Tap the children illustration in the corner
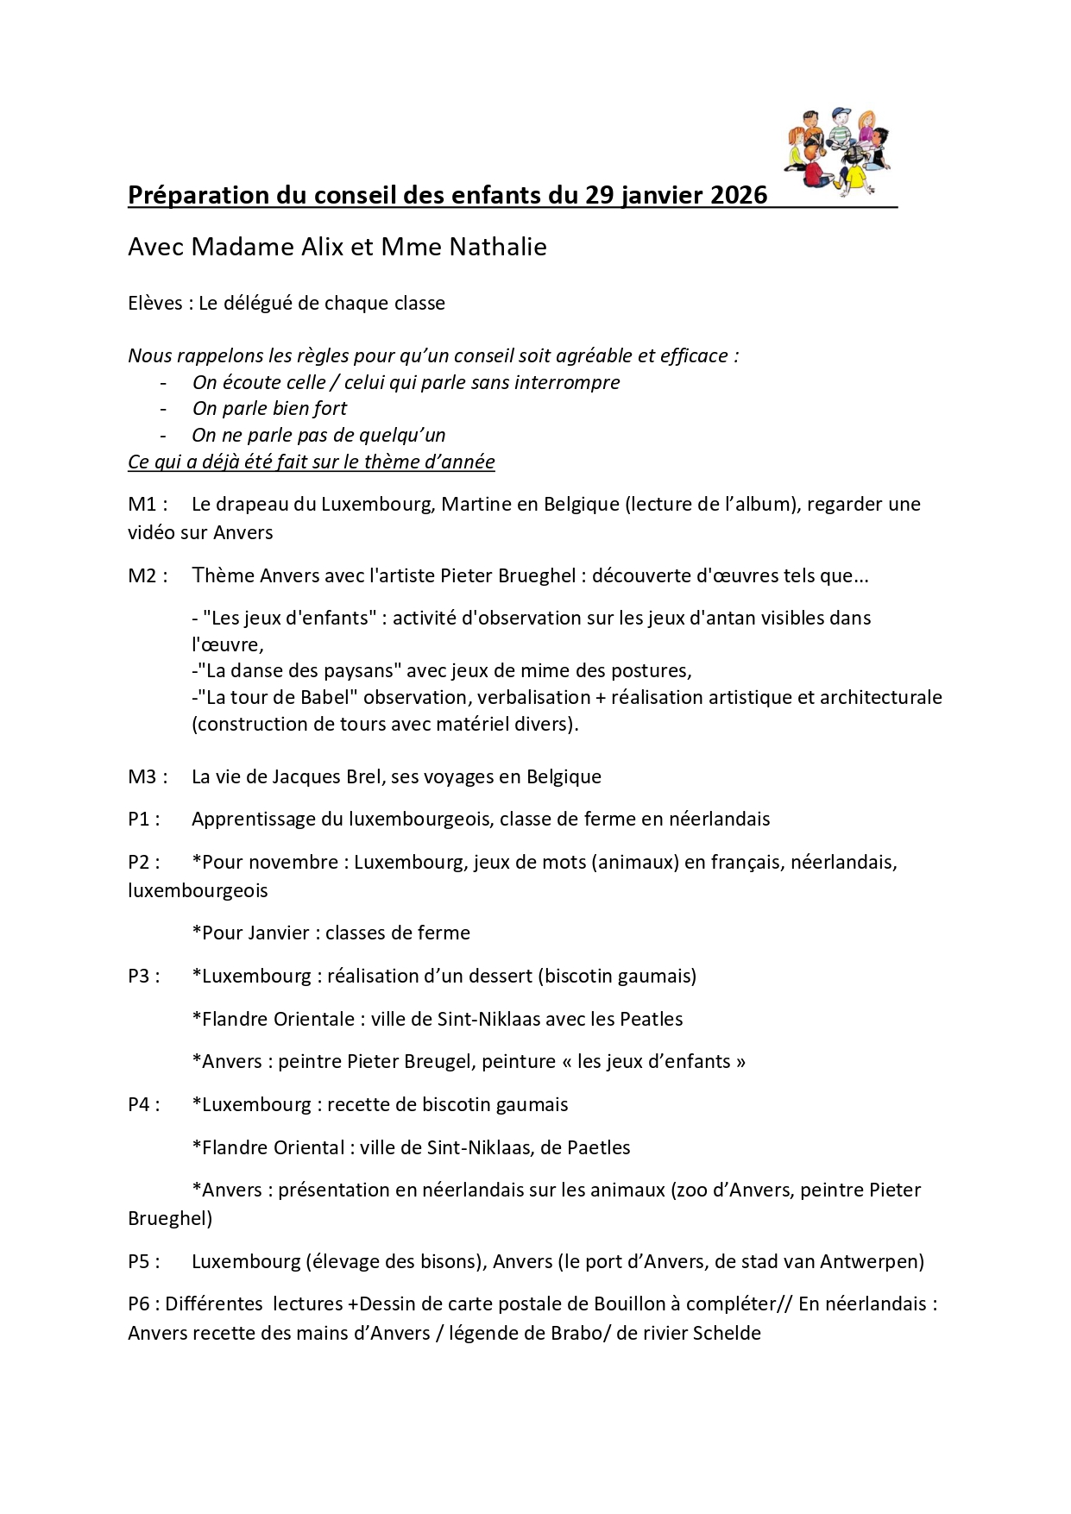click(x=836, y=151)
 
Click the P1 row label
click(x=142, y=819)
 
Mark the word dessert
click(x=501, y=976)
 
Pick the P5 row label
click(x=142, y=1261)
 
